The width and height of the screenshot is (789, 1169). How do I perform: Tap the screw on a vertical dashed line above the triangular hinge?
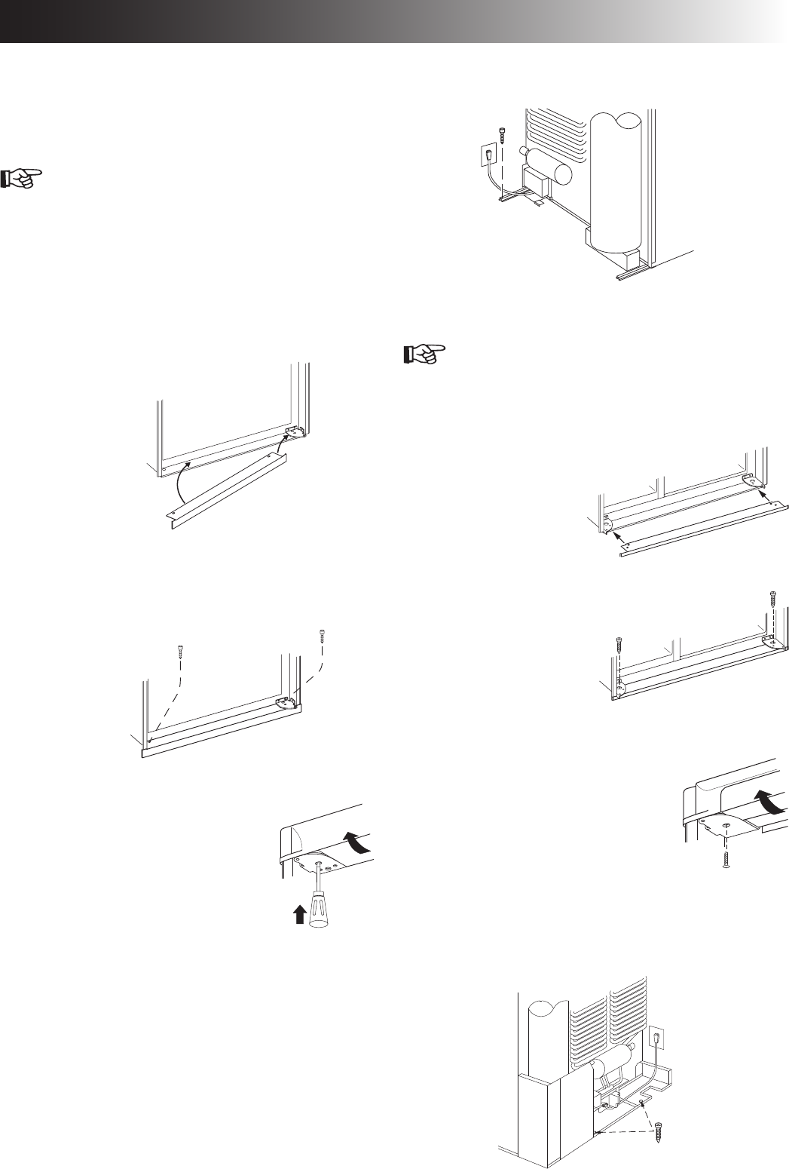coord(771,599)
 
